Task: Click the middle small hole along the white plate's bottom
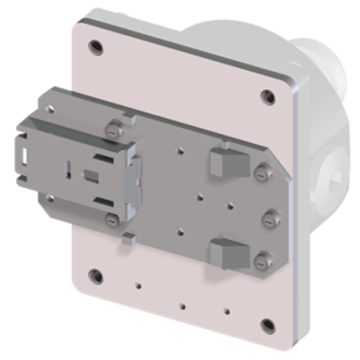183,304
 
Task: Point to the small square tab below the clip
130,238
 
